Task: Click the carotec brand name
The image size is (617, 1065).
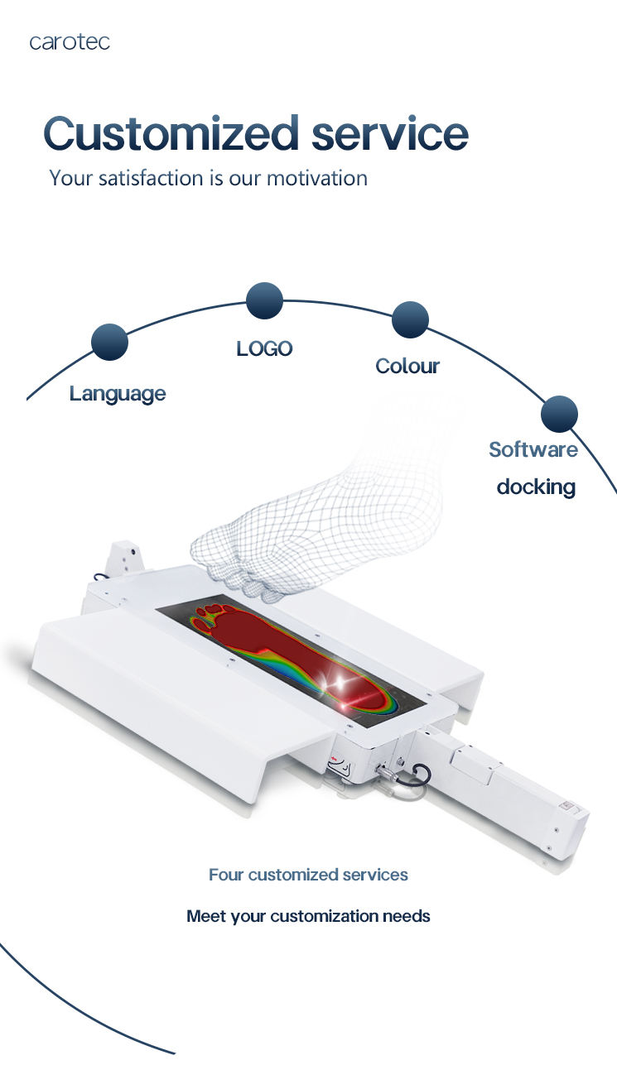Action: point(70,42)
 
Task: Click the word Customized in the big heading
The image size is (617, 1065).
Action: point(171,134)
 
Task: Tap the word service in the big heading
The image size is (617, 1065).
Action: point(389,134)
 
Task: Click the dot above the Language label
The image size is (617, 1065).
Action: point(109,342)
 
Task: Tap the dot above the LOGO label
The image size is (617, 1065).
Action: point(265,300)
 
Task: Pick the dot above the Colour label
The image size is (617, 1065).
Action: point(410,319)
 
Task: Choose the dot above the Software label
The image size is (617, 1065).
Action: point(559,413)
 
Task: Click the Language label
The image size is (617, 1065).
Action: point(118,394)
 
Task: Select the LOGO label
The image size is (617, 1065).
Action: point(264,349)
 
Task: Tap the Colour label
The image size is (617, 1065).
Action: point(407,367)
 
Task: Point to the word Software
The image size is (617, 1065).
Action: point(533,450)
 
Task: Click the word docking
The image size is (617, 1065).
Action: point(536,487)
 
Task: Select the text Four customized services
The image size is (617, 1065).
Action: point(308,875)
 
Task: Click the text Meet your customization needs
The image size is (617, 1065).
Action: point(308,916)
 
